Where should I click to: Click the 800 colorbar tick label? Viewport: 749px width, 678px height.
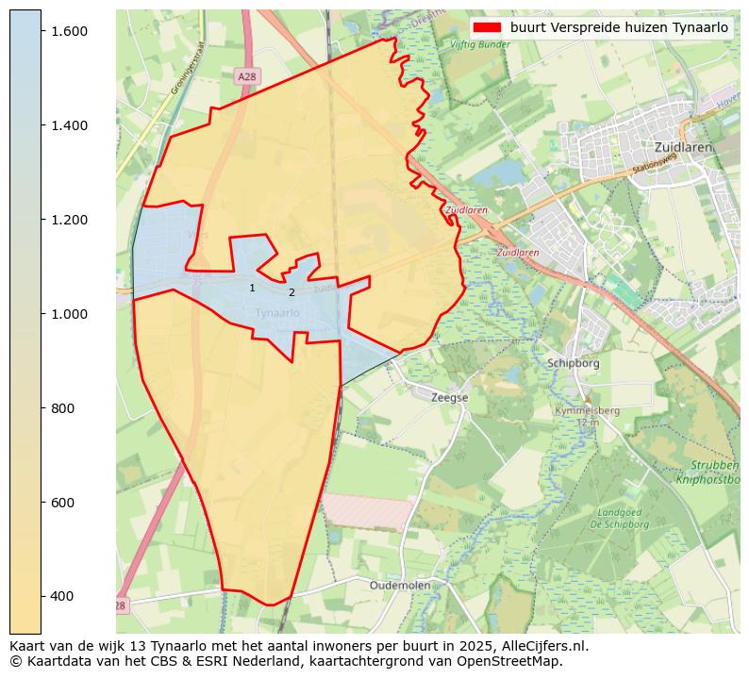click(x=61, y=408)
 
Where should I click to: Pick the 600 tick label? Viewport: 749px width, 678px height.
click(x=61, y=503)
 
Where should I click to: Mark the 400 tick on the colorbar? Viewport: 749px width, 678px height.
click(x=61, y=596)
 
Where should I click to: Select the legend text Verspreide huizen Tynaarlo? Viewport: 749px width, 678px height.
click(x=619, y=27)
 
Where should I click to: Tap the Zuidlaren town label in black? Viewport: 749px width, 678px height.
click(x=683, y=147)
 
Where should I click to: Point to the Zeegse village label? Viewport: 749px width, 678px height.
click(x=449, y=398)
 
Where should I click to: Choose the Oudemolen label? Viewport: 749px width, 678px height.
click(x=400, y=585)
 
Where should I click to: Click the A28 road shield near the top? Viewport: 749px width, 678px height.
click(x=246, y=76)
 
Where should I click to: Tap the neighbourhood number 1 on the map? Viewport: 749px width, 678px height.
click(x=252, y=288)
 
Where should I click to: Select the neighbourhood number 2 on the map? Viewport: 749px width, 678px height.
click(x=291, y=292)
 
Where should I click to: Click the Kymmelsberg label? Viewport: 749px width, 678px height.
click(x=587, y=411)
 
